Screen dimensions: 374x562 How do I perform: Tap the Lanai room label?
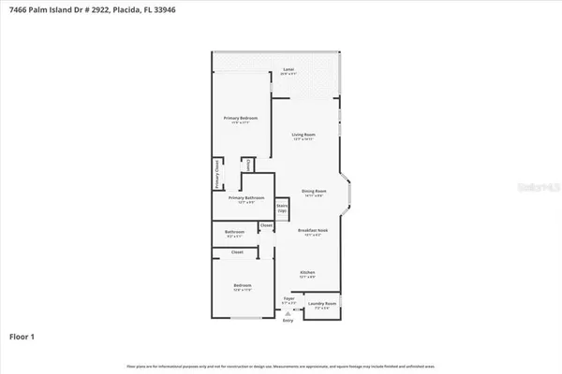pos(289,70)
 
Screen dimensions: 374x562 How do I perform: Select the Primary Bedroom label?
pos(240,118)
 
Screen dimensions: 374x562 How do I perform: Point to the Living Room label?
pos(302,137)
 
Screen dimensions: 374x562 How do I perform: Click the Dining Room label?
pos(313,192)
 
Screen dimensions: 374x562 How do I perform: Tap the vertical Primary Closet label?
pos(216,175)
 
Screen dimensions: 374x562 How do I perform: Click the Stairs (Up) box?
pos(281,208)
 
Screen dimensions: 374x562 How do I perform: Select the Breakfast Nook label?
pos(312,231)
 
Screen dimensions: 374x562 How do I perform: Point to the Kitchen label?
pos(307,273)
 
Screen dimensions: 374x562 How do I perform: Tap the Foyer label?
pos(288,300)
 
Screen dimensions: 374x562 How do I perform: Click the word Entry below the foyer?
pos(288,319)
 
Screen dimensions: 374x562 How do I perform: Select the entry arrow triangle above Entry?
pos(288,312)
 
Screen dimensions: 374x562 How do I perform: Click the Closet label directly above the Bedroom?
pos(238,252)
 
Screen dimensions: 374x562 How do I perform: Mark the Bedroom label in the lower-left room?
pos(243,284)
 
